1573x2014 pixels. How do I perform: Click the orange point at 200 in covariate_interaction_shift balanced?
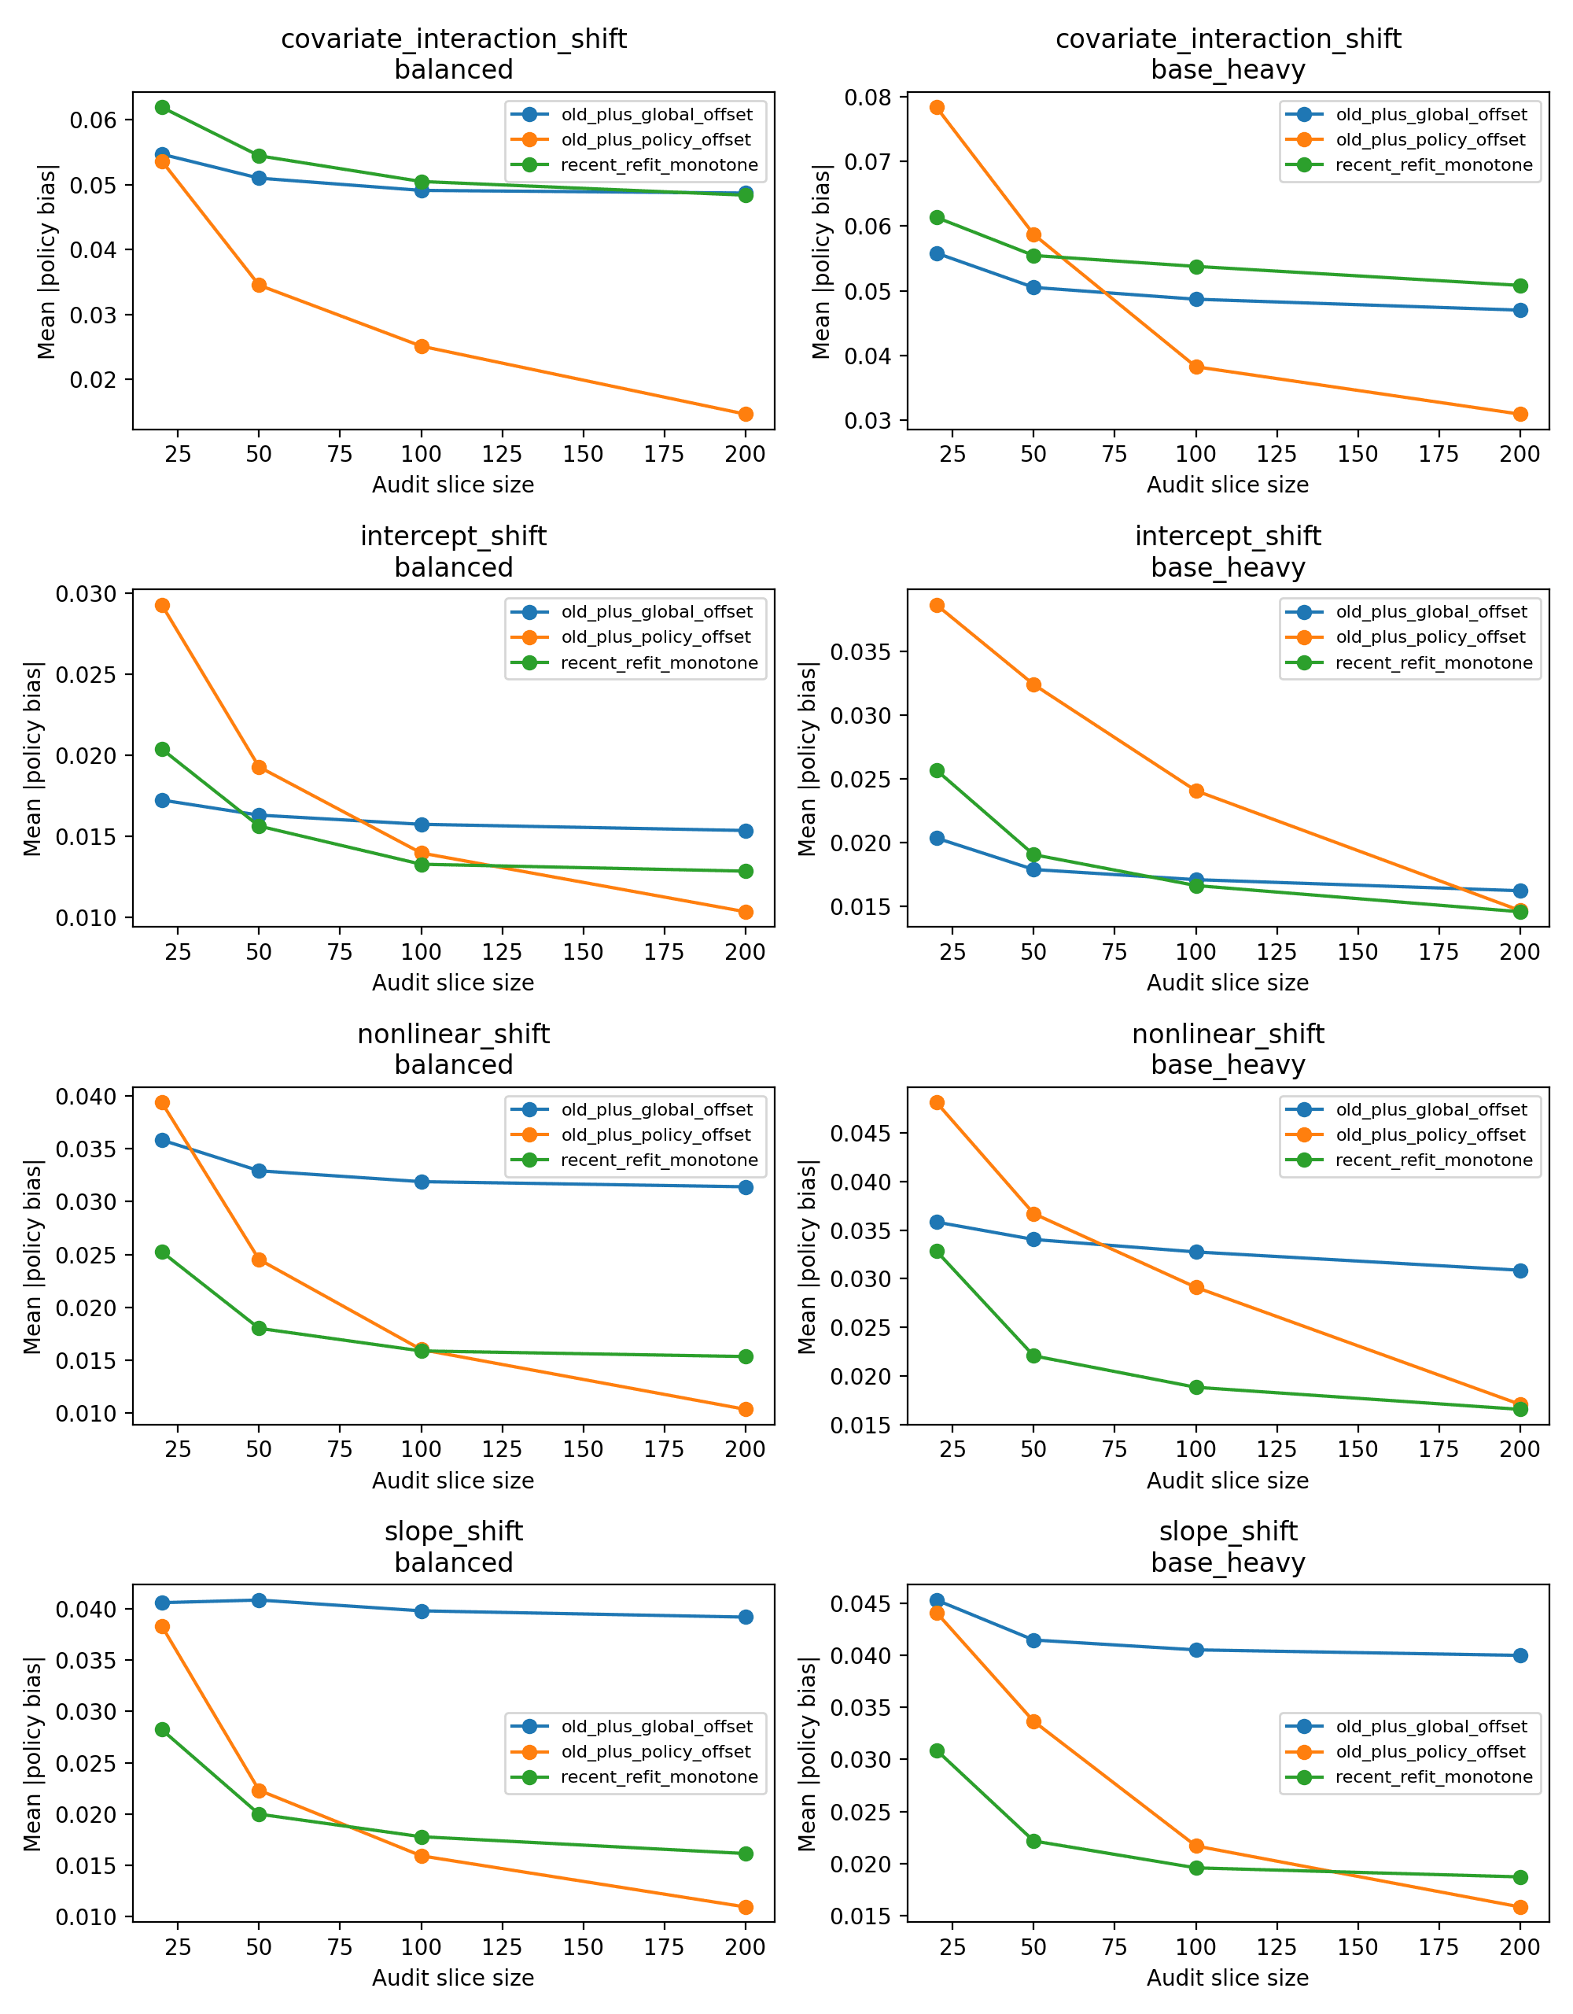745,414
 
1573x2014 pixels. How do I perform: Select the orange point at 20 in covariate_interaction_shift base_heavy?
937,108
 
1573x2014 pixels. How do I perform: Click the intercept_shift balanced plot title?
453,551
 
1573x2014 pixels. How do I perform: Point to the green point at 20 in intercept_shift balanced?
162,749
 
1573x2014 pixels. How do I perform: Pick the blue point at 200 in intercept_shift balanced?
745,831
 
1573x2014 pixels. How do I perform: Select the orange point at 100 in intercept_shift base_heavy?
1196,791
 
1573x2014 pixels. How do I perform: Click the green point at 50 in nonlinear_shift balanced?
259,1328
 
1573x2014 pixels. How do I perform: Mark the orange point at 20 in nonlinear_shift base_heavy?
937,1102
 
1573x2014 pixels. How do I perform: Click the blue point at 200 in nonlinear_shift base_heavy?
1520,1271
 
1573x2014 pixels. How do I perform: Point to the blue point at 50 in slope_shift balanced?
259,1600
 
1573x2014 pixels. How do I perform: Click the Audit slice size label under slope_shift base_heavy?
1227,1977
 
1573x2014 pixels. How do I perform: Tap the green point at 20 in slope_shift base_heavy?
937,1750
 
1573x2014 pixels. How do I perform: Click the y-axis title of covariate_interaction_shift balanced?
46,261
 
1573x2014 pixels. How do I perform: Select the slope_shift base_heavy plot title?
1227,1547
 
